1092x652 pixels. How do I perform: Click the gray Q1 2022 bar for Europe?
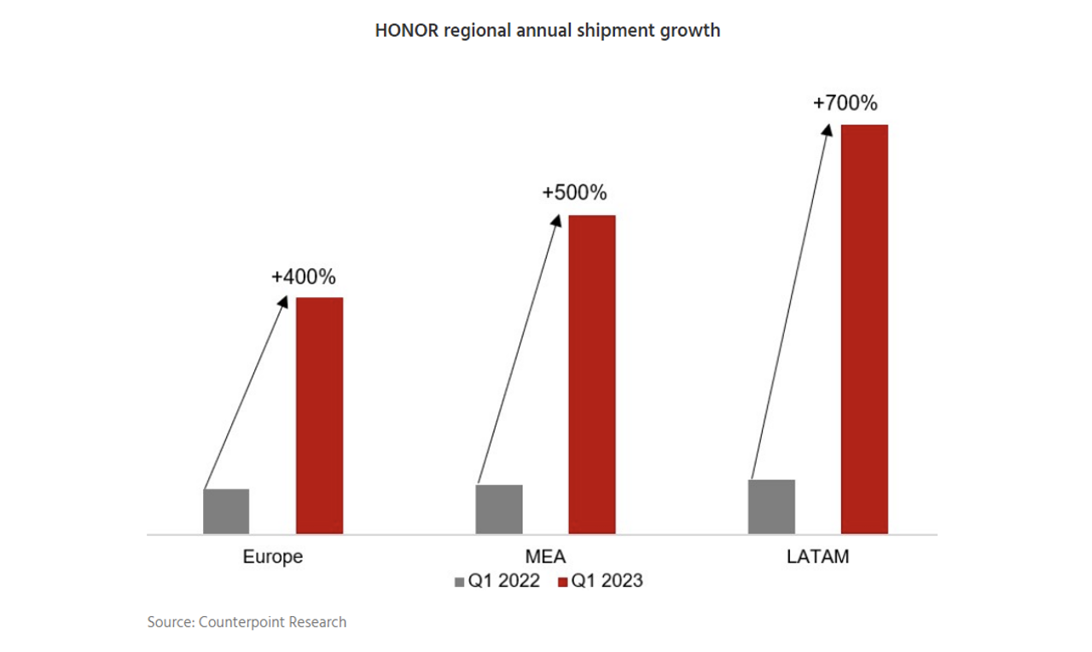(x=226, y=511)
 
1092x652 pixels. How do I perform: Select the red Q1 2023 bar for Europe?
(x=319, y=416)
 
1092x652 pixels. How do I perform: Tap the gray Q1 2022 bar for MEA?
(x=499, y=509)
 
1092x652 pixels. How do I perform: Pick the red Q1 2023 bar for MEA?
(x=592, y=375)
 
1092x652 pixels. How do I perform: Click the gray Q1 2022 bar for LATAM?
(x=771, y=507)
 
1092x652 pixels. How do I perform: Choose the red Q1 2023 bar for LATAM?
(x=864, y=329)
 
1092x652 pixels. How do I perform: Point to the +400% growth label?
(x=304, y=277)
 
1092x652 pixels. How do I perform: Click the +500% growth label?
(x=574, y=193)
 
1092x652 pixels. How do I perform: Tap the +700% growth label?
(x=845, y=104)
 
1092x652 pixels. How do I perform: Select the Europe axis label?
(x=273, y=557)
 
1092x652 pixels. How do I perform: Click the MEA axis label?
(x=545, y=557)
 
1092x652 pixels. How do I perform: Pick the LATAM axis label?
(x=817, y=557)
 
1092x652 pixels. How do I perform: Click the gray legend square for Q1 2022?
(x=459, y=582)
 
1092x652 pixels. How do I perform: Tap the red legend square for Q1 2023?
(x=562, y=582)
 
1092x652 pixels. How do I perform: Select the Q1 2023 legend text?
(x=607, y=582)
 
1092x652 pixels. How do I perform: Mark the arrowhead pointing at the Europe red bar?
(x=285, y=300)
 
